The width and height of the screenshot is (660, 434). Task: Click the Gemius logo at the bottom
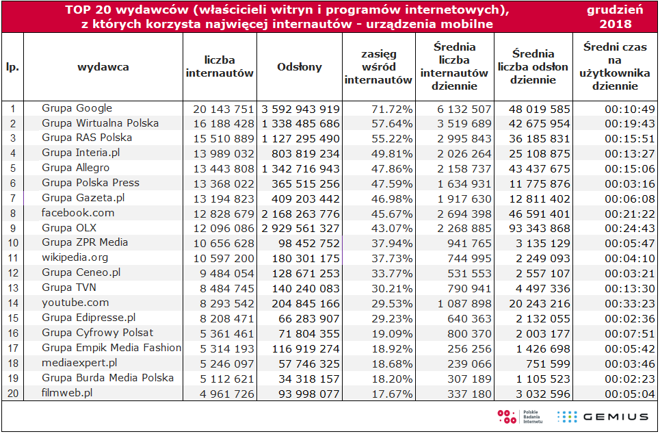coord(603,417)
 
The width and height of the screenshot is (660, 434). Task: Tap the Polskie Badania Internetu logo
coord(520,417)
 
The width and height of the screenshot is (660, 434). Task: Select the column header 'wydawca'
coord(103,67)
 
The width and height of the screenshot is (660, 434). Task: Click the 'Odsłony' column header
coord(300,67)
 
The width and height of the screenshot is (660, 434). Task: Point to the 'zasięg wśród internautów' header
coord(378,67)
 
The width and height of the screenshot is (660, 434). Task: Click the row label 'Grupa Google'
coord(77,108)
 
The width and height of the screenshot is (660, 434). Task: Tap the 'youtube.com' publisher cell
coord(75,303)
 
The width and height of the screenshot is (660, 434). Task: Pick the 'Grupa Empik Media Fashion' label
coord(111,348)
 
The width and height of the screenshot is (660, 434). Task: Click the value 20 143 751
coord(224,109)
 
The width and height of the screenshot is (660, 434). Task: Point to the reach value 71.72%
coord(392,109)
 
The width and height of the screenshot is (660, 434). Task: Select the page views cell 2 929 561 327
coord(300,229)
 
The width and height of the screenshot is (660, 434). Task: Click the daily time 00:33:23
coord(630,303)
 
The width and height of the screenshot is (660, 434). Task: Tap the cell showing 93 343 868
coord(539,229)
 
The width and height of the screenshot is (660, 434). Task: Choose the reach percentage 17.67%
coord(392,394)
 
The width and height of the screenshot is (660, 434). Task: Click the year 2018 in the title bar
coord(616,23)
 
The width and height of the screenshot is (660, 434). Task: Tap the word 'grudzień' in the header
coord(615,10)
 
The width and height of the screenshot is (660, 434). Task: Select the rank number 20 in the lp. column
coord(13,394)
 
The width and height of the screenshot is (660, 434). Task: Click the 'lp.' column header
coord(12,67)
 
